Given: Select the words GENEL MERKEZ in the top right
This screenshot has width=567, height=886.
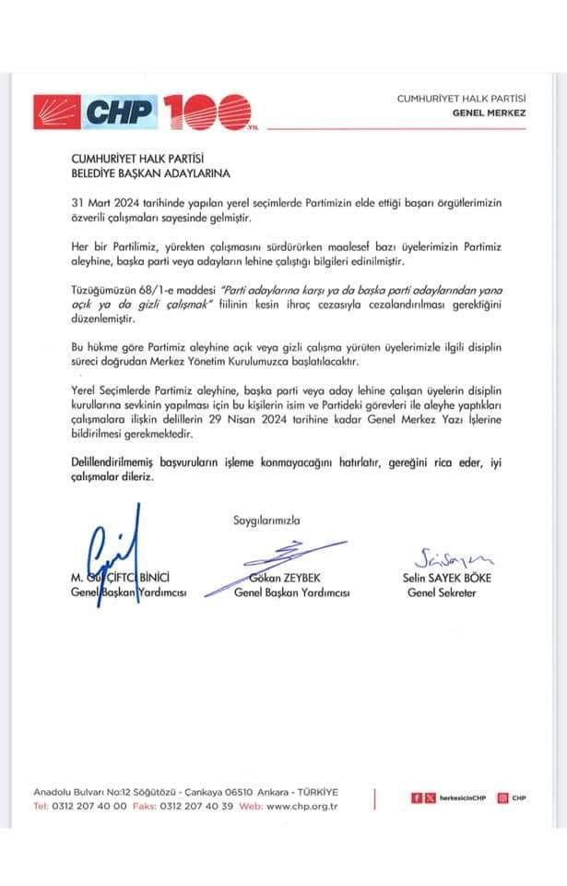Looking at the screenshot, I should point(489,113).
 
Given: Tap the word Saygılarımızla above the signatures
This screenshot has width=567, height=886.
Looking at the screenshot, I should point(266,521).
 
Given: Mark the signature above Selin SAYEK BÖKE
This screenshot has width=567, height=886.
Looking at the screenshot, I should point(455,557).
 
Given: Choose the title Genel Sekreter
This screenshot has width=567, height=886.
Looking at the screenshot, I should point(443,593).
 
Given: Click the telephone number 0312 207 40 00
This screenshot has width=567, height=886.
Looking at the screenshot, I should point(92,806).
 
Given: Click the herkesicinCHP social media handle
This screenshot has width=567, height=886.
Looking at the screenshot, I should point(462,797).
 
